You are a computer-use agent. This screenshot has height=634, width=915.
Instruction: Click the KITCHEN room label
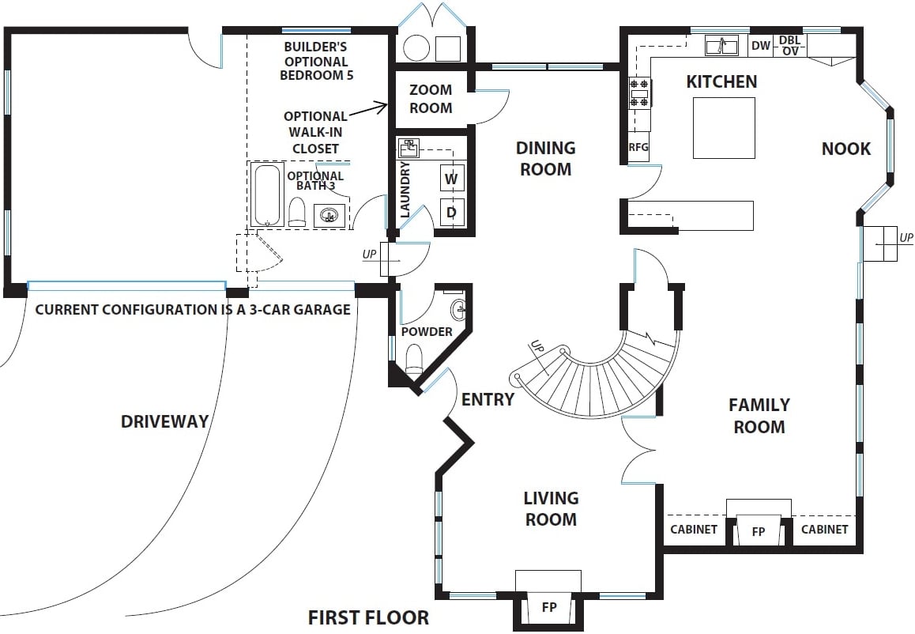(x=721, y=81)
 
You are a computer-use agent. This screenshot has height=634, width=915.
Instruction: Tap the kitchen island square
(x=724, y=128)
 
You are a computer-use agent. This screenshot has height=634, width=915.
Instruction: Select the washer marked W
(x=451, y=179)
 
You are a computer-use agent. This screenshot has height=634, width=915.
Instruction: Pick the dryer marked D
(x=451, y=212)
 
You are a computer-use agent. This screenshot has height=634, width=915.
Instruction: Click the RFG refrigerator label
(x=638, y=147)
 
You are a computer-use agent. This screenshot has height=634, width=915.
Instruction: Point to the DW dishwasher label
(x=760, y=46)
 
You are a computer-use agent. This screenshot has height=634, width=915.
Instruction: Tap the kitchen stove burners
(x=639, y=92)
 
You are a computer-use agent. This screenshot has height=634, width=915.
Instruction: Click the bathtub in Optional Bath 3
(x=267, y=194)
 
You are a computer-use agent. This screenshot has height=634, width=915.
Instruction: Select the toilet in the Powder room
(x=414, y=360)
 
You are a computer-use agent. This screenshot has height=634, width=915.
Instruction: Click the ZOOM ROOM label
(x=431, y=99)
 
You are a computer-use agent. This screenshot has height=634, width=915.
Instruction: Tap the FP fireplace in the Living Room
(x=548, y=608)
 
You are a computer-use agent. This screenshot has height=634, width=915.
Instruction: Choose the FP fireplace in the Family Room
(x=759, y=531)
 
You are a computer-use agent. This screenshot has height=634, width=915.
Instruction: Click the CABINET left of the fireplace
(x=694, y=529)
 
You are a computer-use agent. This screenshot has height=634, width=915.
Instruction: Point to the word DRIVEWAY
(x=164, y=421)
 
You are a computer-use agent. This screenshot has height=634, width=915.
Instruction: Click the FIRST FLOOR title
(x=368, y=617)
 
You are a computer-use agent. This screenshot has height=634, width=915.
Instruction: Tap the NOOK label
(x=846, y=149)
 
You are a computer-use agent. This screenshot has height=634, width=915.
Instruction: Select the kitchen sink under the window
(x=721, y=46)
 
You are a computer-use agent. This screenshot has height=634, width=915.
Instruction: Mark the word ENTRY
(x=488, y=399)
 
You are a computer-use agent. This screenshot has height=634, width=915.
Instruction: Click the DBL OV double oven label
(x=789, y=46)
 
